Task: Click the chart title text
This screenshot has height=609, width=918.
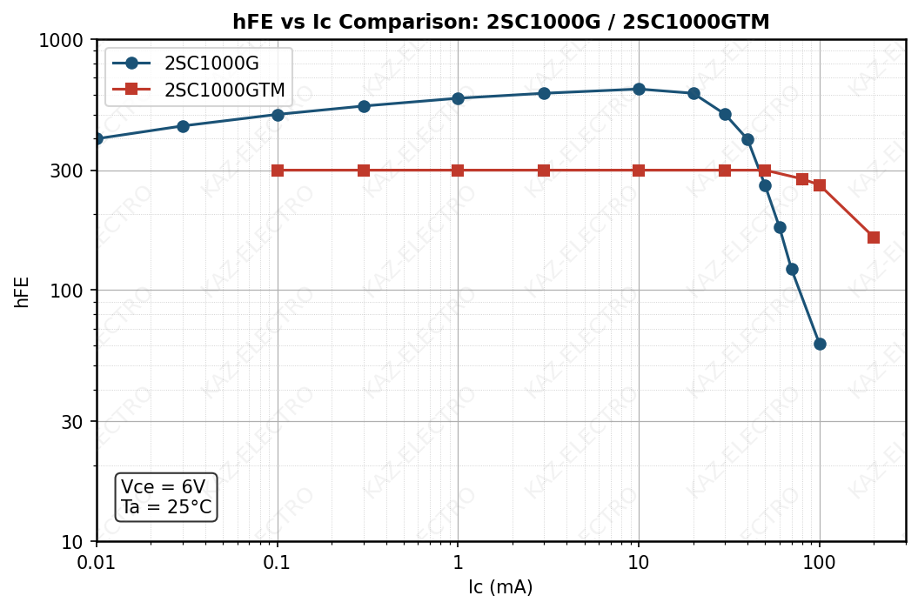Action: tap(500, 23)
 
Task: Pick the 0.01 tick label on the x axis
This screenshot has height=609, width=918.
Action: tap(97, 562)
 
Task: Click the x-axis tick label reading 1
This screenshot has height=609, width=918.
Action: tap(458, 562)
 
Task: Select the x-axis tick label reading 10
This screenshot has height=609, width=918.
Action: tap(639, 562)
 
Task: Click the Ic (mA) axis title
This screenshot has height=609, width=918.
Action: tap(500, 588)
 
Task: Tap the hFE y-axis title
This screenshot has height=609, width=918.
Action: tap(22, 291)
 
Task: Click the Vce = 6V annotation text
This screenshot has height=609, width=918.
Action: tap(164, 487)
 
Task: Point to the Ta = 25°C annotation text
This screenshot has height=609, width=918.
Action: tap(166, 507)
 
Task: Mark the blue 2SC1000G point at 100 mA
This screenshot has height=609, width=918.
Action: tap(820, 344)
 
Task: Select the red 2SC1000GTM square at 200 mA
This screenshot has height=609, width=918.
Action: tap(874, 238)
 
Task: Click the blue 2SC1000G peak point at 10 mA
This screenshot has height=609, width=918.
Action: tap(639, 89)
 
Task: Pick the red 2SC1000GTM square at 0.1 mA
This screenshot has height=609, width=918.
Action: tap(278, 171)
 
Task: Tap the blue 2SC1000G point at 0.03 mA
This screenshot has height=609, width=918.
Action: tap(183, 126)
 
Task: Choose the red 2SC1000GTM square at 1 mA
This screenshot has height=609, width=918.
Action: tap(458, 171)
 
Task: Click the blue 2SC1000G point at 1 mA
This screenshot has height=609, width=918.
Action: tap(458, 98)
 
